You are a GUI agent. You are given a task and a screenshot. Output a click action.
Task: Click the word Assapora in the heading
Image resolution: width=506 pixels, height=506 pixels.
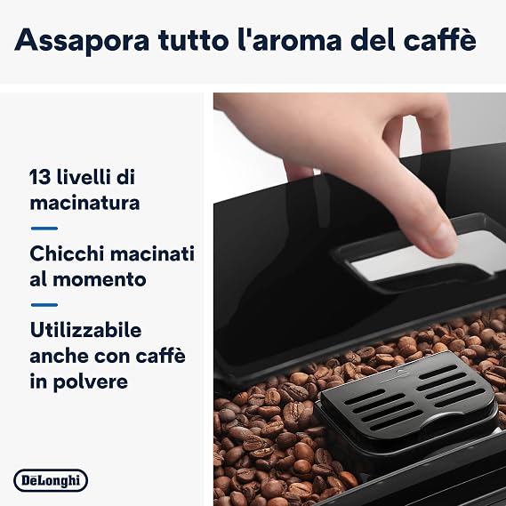82,40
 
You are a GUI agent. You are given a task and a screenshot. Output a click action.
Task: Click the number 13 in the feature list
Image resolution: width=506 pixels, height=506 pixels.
40,177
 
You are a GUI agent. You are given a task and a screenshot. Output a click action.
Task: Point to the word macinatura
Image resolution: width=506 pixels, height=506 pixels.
84,203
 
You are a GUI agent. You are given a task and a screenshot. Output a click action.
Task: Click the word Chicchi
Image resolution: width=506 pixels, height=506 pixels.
67,253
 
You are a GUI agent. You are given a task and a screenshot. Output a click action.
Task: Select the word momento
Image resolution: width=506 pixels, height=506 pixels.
99,279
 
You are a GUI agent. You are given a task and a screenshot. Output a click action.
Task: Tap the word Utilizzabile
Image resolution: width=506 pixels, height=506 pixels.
85,330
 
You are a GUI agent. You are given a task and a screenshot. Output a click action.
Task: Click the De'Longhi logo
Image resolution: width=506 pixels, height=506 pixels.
51,480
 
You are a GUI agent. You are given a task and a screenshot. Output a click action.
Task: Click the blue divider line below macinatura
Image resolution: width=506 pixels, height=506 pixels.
44,229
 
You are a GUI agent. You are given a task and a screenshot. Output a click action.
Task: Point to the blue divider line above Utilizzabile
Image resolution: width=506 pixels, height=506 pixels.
44,305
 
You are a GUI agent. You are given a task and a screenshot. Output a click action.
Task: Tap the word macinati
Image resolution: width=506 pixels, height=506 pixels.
152,253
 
